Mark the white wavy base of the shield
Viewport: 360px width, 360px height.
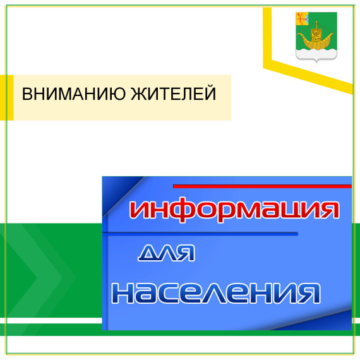click(315, 55)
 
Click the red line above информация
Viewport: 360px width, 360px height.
click(262, 186)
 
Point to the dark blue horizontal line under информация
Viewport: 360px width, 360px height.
click(202, 234)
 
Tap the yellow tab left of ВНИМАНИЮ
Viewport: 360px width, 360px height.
click(7, 97)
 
